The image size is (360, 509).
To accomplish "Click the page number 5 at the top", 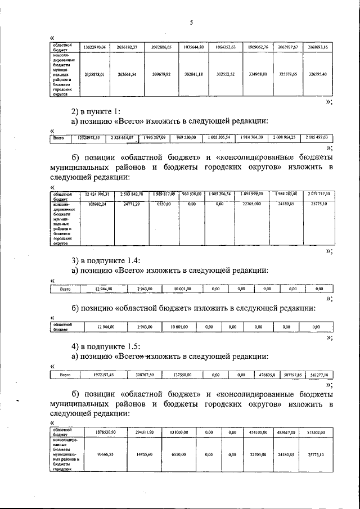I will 191,23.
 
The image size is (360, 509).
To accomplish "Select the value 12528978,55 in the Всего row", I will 89,138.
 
